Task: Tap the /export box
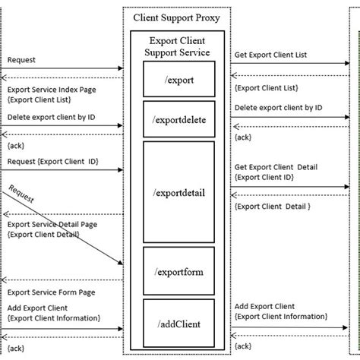(179, 79)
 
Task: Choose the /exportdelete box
(179, 118)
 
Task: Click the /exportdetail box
(179, 192)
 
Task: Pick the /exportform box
(179, 270)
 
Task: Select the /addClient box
(179, 323)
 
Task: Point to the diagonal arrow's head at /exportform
(120, 263)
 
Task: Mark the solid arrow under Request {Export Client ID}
(61, 170)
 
